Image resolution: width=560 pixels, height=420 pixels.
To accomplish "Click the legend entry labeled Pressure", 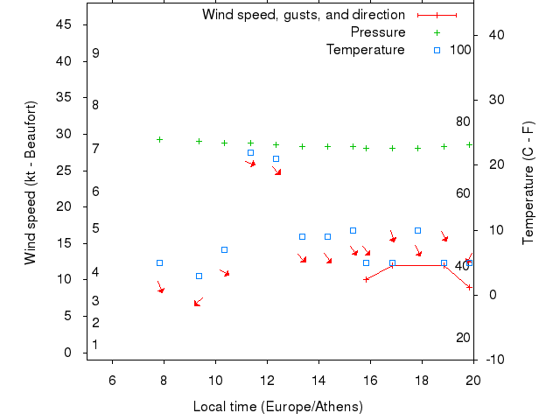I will click(x=378, y=32).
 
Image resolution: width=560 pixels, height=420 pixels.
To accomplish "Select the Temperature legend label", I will click(x=365, y=50).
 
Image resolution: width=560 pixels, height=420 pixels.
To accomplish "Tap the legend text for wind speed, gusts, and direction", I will click(x=303, y=15).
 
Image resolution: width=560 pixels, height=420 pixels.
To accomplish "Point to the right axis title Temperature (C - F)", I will click(x=528, y=182).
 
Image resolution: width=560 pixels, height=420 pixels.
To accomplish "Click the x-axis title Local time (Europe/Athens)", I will click(x=277, y=407).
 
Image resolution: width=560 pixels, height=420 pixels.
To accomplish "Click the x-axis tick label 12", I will click(x=267, y=378).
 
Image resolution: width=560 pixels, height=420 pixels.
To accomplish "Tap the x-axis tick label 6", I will click(x=112, y=378).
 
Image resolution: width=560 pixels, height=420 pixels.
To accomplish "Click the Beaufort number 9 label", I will click(x=95, y=53).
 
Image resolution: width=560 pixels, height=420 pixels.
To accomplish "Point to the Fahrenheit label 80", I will click(x=463, y=122).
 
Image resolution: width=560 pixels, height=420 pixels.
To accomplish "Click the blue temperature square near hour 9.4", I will click(x=199, y=276).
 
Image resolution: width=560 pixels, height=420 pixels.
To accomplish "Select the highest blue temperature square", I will click(x=276, y=158).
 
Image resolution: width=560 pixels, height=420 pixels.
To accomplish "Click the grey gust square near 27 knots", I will click(x=250, y=152).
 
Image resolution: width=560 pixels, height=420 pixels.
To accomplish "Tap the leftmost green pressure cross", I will click(x=159, y=139).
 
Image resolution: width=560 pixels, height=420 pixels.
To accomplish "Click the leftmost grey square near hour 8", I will click(x=159, y=262).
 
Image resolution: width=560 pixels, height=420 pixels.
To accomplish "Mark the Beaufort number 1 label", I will click(x=94, y=345).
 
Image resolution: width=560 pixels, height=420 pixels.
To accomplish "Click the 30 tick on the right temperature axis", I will click(x=493, y=100).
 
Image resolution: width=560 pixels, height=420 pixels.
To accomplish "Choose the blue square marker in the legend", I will click(x=437, y=50).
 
